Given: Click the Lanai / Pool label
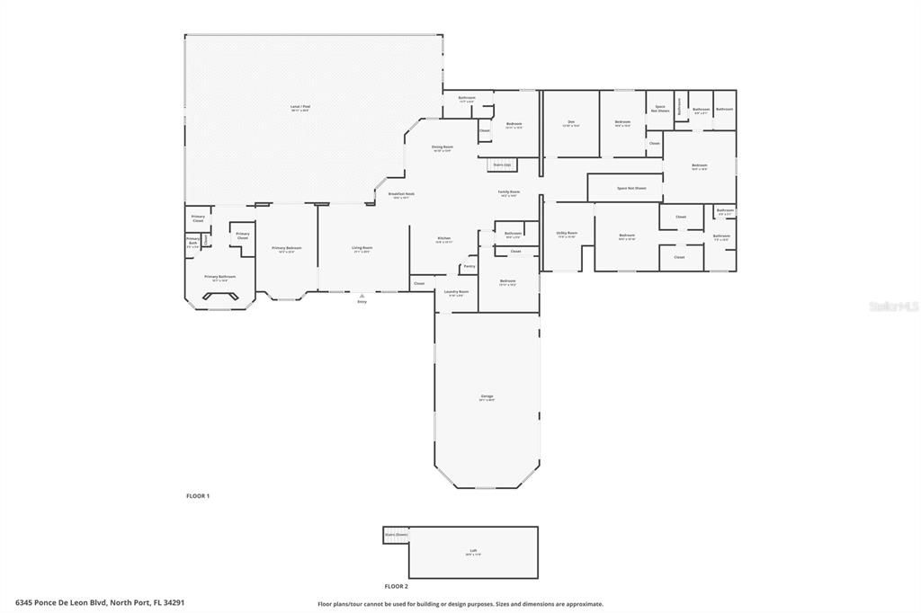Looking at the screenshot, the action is (300, 108).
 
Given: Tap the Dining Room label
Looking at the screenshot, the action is (442, 147).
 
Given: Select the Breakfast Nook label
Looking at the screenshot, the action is (401, 194).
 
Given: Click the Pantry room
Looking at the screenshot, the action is (469, 266).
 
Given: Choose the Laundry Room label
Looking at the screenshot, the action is (456, 292).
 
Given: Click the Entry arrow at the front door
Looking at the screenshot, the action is (362, 296).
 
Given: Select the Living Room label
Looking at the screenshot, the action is (362, 249).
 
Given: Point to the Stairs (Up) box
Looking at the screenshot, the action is (501, 164).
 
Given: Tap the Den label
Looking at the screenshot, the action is (570, 123).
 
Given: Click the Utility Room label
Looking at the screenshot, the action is (567, 234).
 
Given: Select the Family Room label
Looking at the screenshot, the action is (509, 192).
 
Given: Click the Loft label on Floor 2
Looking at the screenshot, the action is (473, 552).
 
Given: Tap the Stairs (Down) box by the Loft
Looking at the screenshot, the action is (396, 534).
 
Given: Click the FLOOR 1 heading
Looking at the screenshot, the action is (198, 496).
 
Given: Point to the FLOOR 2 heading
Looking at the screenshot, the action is (397, 586).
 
